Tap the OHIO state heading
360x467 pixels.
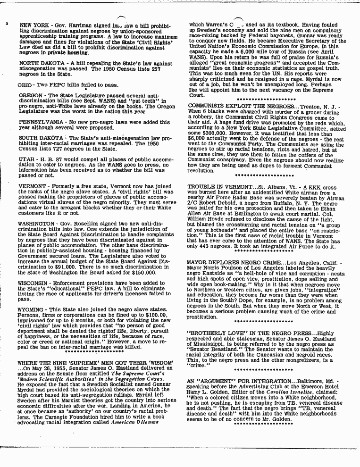[x=25, y=85]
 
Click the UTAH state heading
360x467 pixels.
[x=26, y=160]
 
